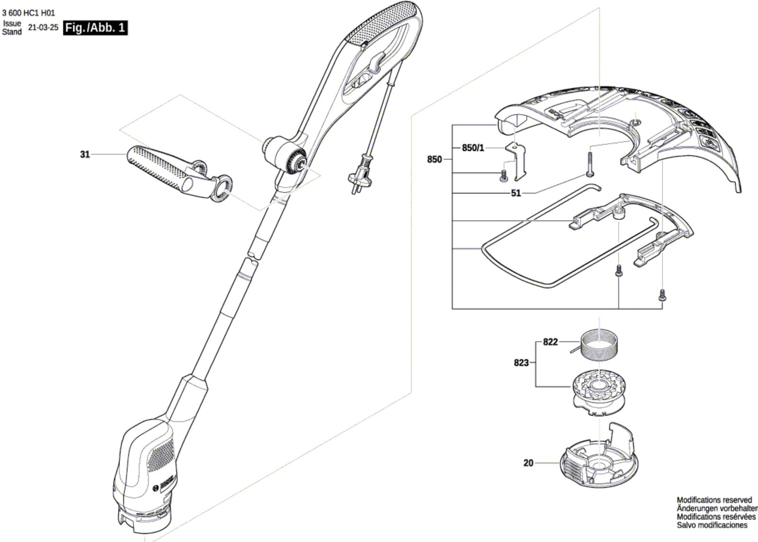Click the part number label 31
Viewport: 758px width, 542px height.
tap(85, 155)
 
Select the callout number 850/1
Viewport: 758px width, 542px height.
tap(473, 148)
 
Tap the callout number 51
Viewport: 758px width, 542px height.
tap(516, 193)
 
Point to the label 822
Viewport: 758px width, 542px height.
tap(550, 342)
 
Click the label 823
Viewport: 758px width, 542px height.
tap(521, 363)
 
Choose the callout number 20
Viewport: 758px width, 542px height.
tap(528, 463)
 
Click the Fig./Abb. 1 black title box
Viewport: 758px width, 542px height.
tap(95, 28)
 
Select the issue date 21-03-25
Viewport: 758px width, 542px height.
tap(43, 28)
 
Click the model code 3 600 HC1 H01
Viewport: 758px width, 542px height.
tap(28, 13)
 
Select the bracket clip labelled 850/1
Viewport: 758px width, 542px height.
tap(516, 162)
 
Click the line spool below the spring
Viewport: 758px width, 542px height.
tap(598, 393)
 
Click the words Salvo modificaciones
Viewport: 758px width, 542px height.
tap(712, 525)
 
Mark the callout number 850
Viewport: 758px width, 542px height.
tap(435, 159)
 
